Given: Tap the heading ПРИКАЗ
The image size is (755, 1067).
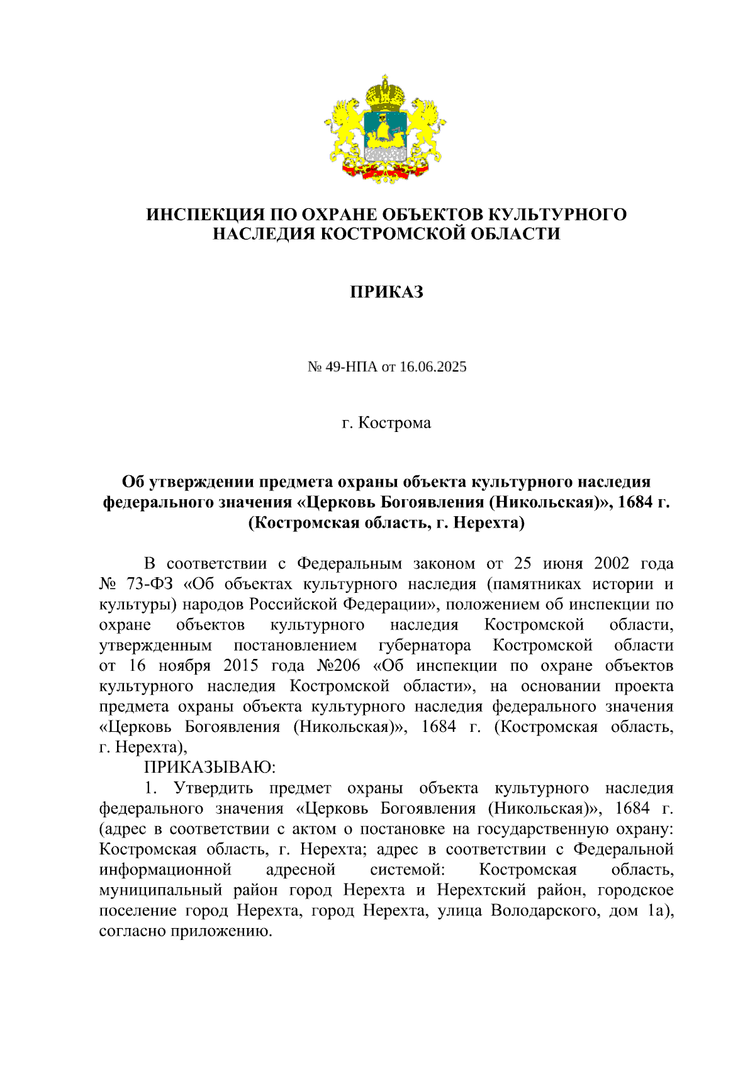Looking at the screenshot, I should pos(386,292).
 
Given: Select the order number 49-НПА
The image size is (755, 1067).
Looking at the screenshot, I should pos(350,367).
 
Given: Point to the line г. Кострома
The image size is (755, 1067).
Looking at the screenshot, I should pos(386,423).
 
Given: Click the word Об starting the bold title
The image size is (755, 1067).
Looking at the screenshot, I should pos(133,482).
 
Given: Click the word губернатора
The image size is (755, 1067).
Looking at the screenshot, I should pos(425,646).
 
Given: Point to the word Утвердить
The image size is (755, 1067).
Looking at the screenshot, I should pos(213,788).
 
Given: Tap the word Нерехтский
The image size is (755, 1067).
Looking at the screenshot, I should pos(481,890).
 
